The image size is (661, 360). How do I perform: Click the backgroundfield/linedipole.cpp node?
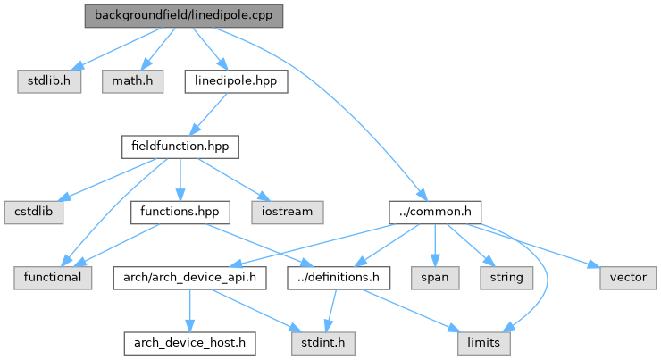(x=184, y=16)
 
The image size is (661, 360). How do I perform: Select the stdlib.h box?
(x=49, y=81)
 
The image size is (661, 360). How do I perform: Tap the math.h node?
(x=132, y=81)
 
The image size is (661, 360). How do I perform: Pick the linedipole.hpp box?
(x=236, y=81)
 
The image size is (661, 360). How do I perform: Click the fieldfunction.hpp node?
(x=180, y=147)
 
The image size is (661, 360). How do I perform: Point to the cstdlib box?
(x=34, y=212)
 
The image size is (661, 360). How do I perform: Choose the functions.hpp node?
(x=180, y=212)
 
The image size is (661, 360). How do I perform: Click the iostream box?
(x=288, y=212)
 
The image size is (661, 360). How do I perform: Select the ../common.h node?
(x=435, y=212)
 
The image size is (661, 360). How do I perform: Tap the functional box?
(x=53, y=278)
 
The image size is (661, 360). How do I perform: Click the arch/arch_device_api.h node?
(x=189, y=278)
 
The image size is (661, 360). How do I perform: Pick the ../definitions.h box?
(x=339, y=278)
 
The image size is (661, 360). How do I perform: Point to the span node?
(x=435, y=278)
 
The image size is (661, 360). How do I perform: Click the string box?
(x=506, y=278)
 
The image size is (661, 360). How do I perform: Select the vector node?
(x=628, y=278)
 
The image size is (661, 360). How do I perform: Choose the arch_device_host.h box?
(x=189, y=343)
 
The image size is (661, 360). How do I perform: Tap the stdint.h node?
(x=323, y=343)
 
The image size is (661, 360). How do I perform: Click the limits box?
(x=484, y=343)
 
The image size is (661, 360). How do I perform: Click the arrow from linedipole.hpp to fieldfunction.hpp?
(x=208, y=114)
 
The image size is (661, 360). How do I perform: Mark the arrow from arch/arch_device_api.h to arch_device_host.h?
(x=189, y=311)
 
